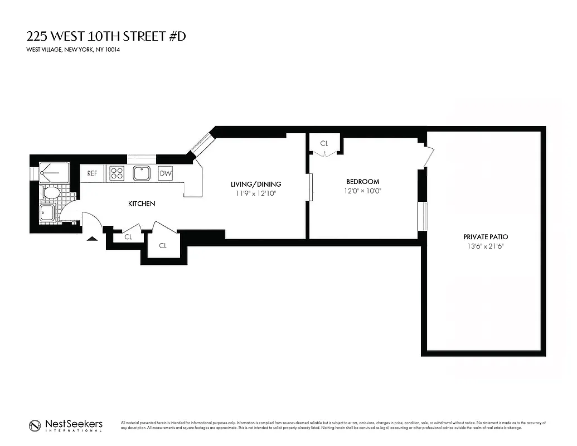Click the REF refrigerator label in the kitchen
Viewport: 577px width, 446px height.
(x=92, y=173)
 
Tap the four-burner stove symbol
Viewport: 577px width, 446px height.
(x=117, y=173)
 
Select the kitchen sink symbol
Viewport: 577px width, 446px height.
(x=141, y=173)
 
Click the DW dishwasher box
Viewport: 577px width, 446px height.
(x=166, y=173)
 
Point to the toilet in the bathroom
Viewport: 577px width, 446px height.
(x=51, y=193)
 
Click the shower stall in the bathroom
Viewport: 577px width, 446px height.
(x=54, y=172)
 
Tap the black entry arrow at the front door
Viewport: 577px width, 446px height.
(x=92, y=238)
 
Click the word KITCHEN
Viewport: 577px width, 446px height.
(x=142, y=204)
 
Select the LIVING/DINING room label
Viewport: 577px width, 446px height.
(x=256, y=184)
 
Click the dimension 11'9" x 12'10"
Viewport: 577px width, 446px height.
(x=256, y=193)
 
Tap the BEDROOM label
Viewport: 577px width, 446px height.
(x=362, y=181)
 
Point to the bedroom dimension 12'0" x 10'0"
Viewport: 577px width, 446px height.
(x=362, y=191)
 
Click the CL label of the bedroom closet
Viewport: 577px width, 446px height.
(x=324, y=143)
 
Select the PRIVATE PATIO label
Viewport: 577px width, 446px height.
(x=485, y=236)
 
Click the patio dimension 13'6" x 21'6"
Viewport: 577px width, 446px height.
(x=485, y=246)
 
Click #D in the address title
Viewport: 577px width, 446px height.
(x=176, y=37)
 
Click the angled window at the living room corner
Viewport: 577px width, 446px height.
(x=200, y=144)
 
